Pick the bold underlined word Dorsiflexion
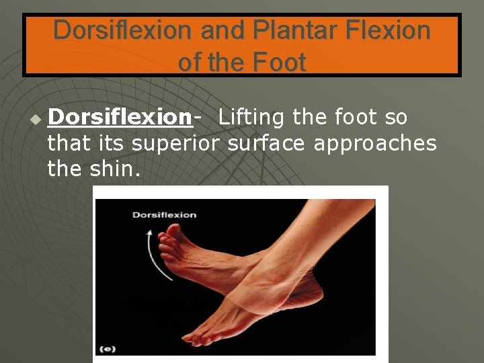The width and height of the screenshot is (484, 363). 120,117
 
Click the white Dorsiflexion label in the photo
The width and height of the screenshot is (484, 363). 164,215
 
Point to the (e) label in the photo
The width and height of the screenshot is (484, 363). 107,348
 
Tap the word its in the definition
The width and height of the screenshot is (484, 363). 111,143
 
